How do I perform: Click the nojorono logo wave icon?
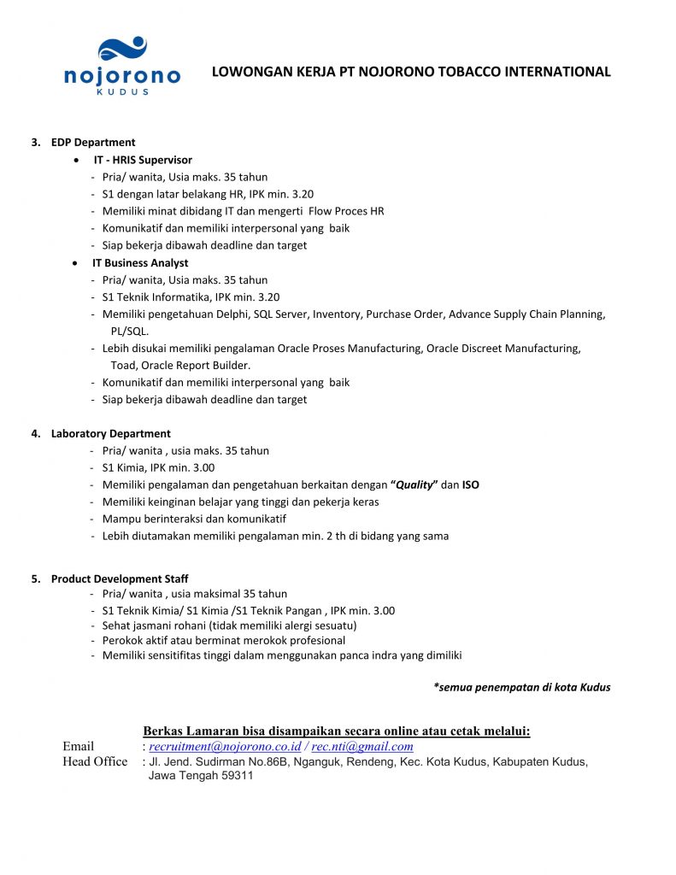[123, 49]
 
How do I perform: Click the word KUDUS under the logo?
[123, 91]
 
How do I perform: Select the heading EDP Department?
[93, 143]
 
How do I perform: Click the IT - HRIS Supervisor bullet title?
[143, 160]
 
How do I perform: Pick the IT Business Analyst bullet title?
[140, 262]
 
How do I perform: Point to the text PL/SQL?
[129, 331]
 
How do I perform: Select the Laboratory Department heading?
[110, 433]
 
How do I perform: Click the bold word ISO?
[471, 484]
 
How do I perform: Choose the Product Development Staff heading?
[120, 578]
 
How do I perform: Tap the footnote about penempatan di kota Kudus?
[521, 687]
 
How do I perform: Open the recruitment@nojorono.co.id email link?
[225, 746]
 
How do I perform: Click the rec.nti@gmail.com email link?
[362, 746]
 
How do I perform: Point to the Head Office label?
[95, 761]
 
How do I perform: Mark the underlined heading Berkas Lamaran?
[337, 731]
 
